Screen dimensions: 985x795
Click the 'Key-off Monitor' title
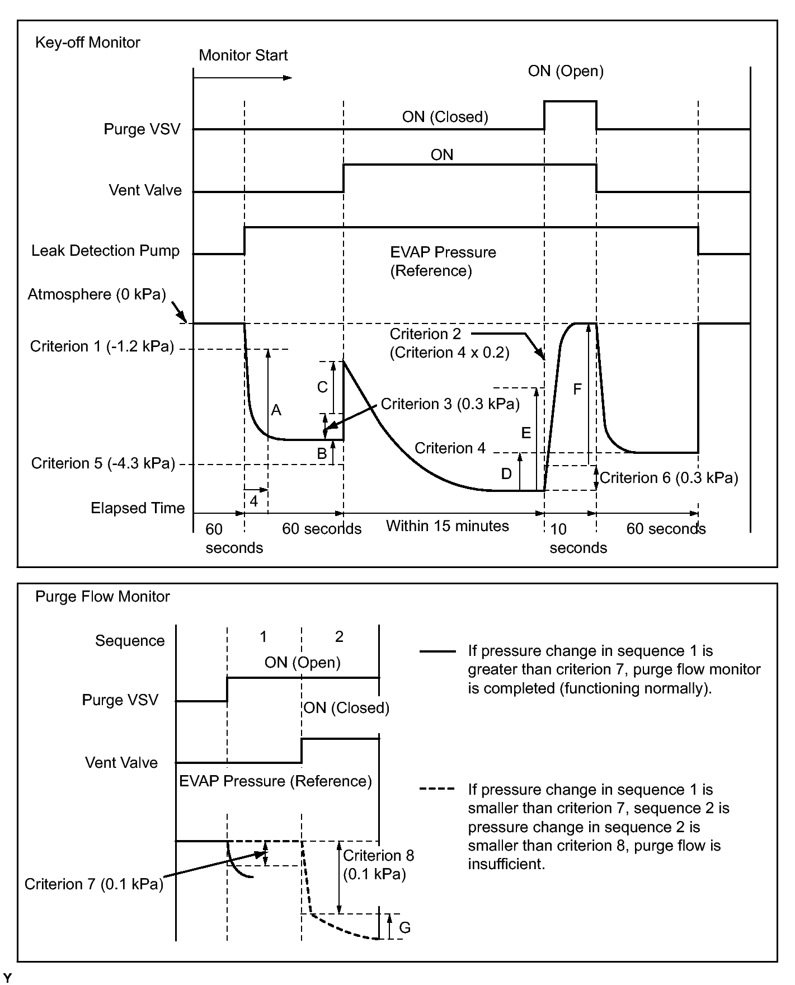[x=87, y=43]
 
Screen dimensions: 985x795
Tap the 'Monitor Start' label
[x=243, y=55]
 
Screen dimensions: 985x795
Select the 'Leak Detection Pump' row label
[x=105, y=251]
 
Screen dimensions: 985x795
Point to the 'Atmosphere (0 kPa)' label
[x=97, y=294]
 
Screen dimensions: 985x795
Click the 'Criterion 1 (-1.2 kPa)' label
[x=102, y=347]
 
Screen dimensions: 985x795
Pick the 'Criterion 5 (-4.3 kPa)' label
[x=103, y=463]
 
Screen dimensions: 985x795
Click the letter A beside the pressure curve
[x=276, y=411]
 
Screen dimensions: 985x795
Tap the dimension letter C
[x=322, y=387]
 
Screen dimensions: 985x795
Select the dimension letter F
[x=577, y=390]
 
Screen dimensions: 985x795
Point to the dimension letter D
[x=506, y=474]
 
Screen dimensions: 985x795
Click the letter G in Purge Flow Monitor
[x=405, y=928]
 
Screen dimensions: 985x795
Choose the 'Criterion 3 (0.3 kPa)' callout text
[x=450, y=404]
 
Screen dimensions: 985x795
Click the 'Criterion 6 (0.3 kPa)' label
[x=669, y=478]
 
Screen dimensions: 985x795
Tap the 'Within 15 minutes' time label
[x=448, y=526]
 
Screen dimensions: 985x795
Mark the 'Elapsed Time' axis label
[x=138, y=508]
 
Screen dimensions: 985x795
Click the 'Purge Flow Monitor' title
[x=102, y=597]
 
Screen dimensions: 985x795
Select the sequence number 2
[x=339, y=636]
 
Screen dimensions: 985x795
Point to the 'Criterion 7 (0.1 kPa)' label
[x=94, y=884]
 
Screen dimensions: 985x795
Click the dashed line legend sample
[x=437, y=790]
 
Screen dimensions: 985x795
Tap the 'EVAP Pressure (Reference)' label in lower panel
[x=275, y=781]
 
